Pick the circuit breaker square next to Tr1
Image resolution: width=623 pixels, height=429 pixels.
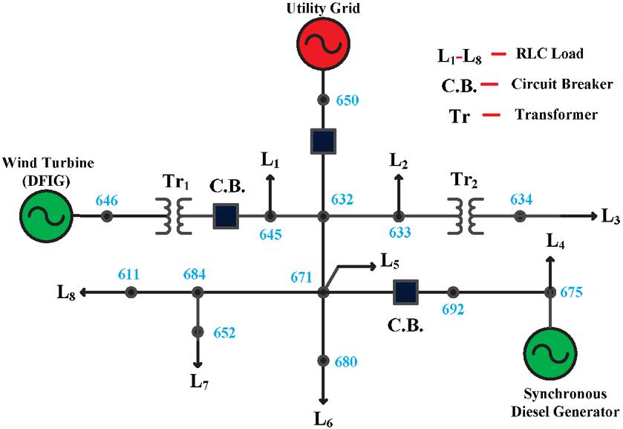tap(226, 216)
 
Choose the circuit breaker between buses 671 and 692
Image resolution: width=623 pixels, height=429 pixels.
tap(405, 292)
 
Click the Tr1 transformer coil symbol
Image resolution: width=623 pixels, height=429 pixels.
tap(174, 216)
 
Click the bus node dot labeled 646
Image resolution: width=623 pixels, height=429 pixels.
tap(107, 216)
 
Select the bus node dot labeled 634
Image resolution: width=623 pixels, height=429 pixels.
tap(520, 216)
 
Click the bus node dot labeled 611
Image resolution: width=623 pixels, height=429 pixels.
tap(131, 292)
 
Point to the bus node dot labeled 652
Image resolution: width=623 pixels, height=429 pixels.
tap(198, 331)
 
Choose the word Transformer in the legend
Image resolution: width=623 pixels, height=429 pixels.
tap(550, 115)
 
